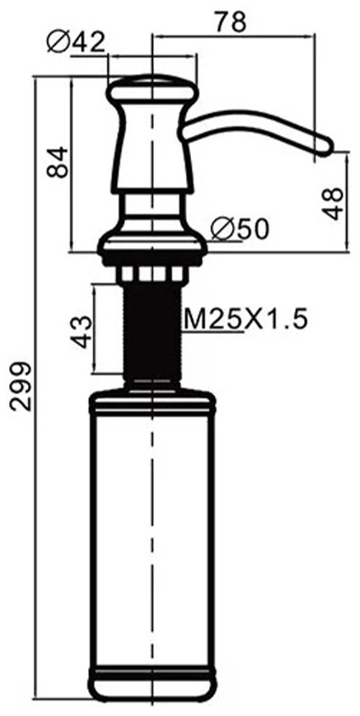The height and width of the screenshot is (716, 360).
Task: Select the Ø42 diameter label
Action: [76, 43]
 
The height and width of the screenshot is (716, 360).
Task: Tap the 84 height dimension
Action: [58, 161]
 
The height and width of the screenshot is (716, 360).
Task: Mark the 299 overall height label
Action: [21, 386]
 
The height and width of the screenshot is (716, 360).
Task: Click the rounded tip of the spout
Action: [325, 146]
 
